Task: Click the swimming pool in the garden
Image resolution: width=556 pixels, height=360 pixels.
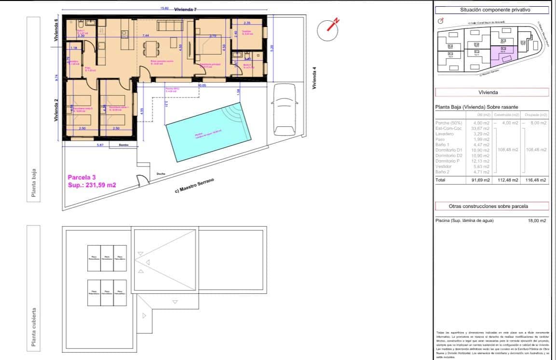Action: [x=209, y=133]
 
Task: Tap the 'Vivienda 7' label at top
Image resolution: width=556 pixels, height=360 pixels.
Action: [x=186, y=9]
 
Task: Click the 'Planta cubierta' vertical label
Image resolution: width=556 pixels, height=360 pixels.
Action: [x=33, y=327]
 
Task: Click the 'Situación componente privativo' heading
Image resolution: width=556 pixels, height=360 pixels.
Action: [x=492, y=10]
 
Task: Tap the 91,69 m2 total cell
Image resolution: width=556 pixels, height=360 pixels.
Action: [x=480, y=180]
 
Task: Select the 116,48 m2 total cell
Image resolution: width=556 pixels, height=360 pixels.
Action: [x=537, y=180]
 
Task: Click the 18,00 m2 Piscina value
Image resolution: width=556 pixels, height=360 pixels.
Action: [x=537, y=221]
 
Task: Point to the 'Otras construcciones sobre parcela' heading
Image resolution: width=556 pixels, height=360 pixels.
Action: [x=492, y=206]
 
